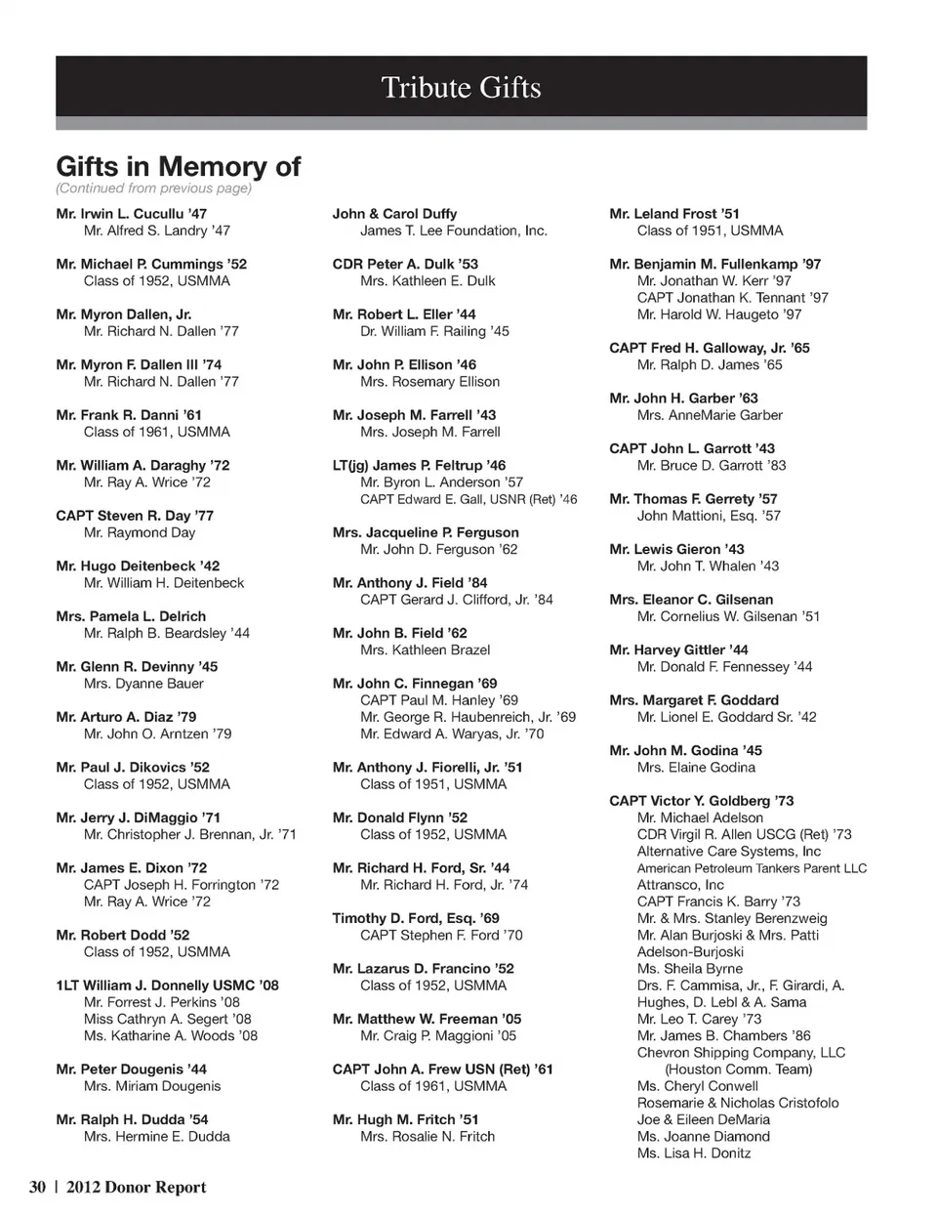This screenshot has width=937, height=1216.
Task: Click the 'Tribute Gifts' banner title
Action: pyautogui.click(x=461, y=88)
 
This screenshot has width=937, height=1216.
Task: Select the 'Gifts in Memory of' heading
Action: pyautogui.click(x=178, y=166)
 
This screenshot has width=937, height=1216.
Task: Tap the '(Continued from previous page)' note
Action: pyautogui.click(x=153, y=189)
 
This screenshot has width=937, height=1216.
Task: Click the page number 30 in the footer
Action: pyautogui.click(x=37, y=1188)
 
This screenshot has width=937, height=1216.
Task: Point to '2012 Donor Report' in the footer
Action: pyautogui.click(x=136, y=1188)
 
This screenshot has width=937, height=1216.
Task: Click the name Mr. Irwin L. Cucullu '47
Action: pyautogui.click(x=132, y=214)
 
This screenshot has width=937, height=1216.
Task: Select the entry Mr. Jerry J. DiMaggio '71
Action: pyautogui.click(x=139, y=818)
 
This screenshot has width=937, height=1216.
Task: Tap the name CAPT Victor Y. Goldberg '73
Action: pyautogui.click(x=701, y=801)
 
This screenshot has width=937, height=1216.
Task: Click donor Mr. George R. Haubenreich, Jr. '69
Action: pyautogui.click(x=468, y=717)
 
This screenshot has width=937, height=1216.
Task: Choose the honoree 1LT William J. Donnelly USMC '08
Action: pyautogui.click(x=167, y=985)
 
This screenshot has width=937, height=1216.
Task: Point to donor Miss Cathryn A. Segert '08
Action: pyautogui.click(x=168, y=1019)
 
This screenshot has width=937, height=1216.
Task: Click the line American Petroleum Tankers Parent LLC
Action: pyautogui.click(x=752, y=868)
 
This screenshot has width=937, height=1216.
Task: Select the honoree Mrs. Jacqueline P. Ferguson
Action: pyautogui.click(x=426, y=532)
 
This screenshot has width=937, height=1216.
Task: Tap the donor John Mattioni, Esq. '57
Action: pyautogui.click(x=709, y=516)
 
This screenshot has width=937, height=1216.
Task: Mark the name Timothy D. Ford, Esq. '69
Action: pyautogui.click(x=416, y=918)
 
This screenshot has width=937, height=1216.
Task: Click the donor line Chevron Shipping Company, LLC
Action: pyautogui.click(x=741, y=1053)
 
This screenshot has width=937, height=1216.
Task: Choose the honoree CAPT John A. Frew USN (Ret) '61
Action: pyautogui.click(x=442, y=1069)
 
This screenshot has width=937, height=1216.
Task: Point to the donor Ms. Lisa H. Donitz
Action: pyautogui.click(x=694, y=1153)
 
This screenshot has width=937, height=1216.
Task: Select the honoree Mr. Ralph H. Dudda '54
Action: pyautogui.click(x=132, y=1119)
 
